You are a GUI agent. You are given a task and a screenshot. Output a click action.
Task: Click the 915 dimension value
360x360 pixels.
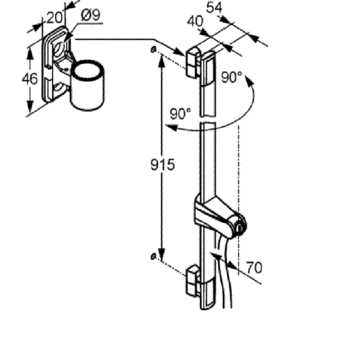coord(163,164)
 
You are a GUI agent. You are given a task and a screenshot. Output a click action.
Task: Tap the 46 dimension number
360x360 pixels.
coord(29,79)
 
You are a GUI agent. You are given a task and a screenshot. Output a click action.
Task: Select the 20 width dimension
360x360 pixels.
coord(55,17)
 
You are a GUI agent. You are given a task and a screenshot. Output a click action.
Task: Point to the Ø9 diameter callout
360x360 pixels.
coord(91,16)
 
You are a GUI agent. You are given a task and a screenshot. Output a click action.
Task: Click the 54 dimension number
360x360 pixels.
coord(214,8)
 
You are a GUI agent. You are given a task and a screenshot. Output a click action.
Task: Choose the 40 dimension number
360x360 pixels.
coord(195,22)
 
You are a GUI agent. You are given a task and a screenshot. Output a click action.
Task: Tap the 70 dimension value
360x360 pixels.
coord(254,268)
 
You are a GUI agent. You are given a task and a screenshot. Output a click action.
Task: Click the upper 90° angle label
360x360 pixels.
coord(232,77)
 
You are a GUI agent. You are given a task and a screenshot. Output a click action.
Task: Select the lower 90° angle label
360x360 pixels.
coord(181,113)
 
